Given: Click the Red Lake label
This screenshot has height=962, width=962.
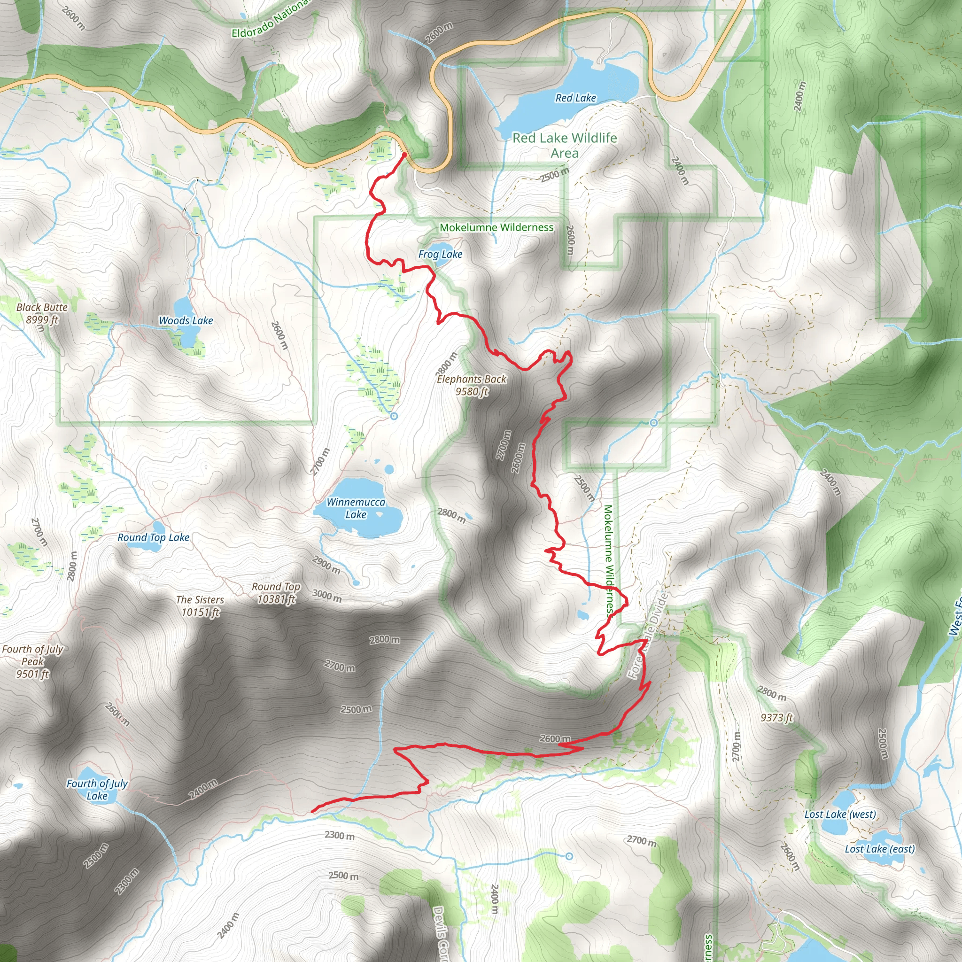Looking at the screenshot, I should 575,98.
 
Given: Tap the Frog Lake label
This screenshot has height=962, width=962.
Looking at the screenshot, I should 440,255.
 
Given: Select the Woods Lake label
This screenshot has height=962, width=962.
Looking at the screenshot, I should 186,321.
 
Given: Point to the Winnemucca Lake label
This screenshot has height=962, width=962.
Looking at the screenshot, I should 356,508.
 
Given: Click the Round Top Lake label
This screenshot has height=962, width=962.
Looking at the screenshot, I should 153,537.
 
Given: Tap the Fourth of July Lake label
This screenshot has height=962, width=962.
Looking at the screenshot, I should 97,790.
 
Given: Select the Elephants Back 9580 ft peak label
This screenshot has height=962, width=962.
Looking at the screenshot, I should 472,385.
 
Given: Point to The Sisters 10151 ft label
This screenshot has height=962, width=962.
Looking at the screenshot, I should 200,606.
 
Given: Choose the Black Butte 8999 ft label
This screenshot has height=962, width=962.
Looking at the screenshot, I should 42,313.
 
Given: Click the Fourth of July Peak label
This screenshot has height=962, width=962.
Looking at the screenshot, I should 32,661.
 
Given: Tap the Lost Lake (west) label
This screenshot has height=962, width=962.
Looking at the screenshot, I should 840,814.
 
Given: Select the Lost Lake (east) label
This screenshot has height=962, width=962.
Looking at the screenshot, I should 880,848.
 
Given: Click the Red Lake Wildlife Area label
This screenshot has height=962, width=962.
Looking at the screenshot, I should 565,145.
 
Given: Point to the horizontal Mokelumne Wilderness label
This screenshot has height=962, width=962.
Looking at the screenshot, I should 497,227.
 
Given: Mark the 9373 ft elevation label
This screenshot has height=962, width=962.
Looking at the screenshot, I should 777,718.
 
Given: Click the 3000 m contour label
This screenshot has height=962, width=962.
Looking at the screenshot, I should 327,595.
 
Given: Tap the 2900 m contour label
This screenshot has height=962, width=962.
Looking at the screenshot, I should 326,565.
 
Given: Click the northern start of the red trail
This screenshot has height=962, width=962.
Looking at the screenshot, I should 404,155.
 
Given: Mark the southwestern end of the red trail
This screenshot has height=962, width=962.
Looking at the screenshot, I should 313,812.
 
